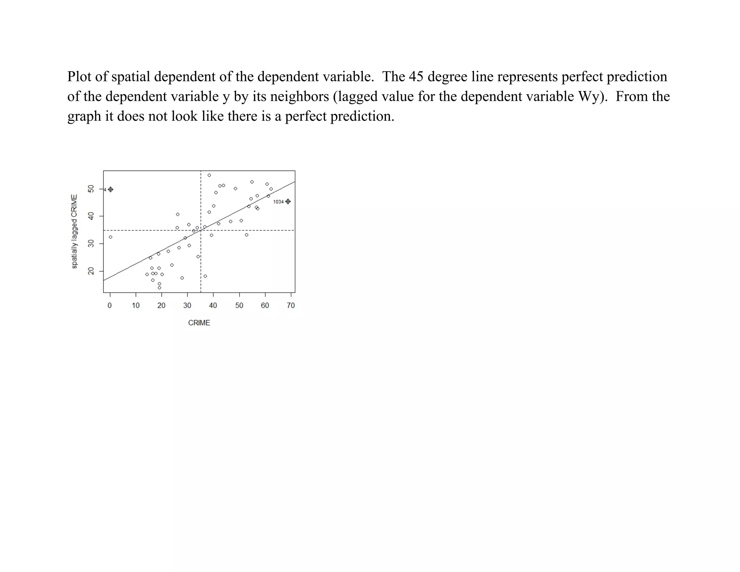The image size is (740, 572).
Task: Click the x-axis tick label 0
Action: point(110,306)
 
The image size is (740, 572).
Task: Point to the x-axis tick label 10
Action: point(135,306)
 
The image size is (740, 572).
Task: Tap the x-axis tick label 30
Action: point(187,306)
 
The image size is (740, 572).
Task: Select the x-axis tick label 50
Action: point(239,306)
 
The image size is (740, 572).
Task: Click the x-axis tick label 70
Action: point(291,306)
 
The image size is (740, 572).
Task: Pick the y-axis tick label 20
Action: point(91,271)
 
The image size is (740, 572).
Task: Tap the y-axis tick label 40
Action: point(91,216)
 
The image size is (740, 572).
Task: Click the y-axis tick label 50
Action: point(91,189)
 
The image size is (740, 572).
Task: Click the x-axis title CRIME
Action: point(199,323)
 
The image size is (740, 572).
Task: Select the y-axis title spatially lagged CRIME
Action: point(74,231)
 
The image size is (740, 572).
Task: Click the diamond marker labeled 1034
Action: point(288,202)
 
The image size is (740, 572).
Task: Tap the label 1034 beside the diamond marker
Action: point(278,202)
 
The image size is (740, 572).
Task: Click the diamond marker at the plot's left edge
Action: point(111,189)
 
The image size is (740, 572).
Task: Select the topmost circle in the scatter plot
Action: point(209,175)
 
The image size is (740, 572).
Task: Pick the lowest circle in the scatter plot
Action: point(159,288)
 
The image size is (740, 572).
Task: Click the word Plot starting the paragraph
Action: point(79,77)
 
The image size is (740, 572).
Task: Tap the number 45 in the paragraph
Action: point(416,77)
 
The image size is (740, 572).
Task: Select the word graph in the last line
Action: point(84,116)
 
